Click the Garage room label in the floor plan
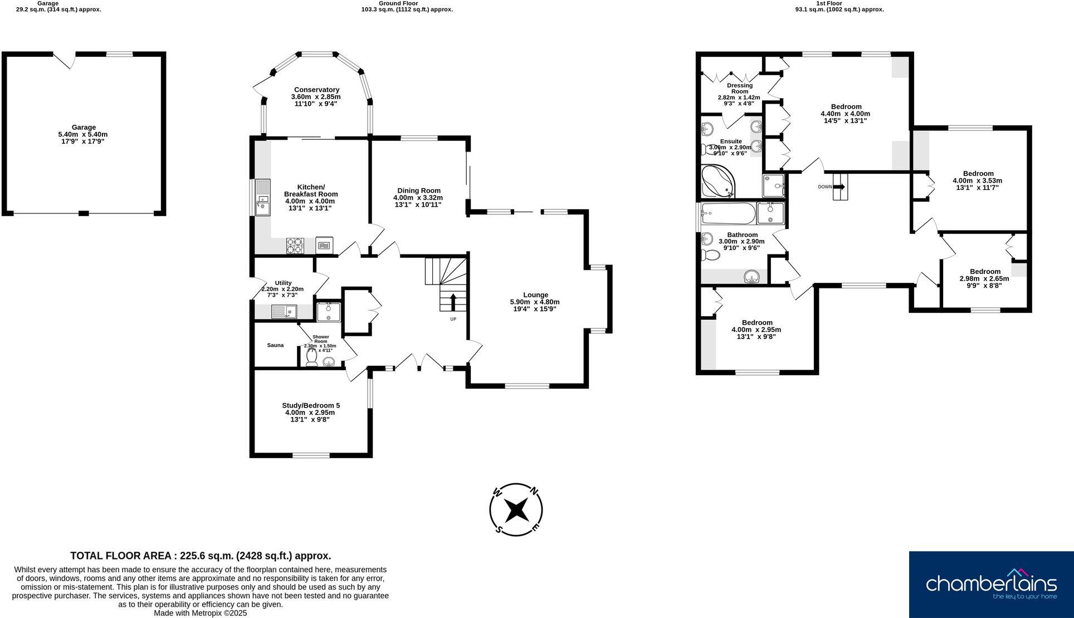click(x=83, y=127)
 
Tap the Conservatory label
click(x=316, y=90)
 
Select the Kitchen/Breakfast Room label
click(x=311, y=190)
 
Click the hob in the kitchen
click(x=295, y=245)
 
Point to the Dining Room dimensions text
click(x=418, y=201)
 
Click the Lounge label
click(x=535, y=295)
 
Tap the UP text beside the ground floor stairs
click(x=453, y=319)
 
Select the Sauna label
click(x=275, y=345)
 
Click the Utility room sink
click(x=284, y=311)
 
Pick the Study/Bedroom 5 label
click(x=311, y=405)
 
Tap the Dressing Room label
click(x=739, y=89)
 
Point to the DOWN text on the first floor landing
click(x=825, y=187)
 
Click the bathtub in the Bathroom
click(x=728, y=212)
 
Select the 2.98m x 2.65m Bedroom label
click(x=984, y=272)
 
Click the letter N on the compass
click(x=534, y=491)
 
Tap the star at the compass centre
click(x=516, y=509)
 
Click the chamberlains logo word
click(x=991, y=583)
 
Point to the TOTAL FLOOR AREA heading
click(x=201, y=556)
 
